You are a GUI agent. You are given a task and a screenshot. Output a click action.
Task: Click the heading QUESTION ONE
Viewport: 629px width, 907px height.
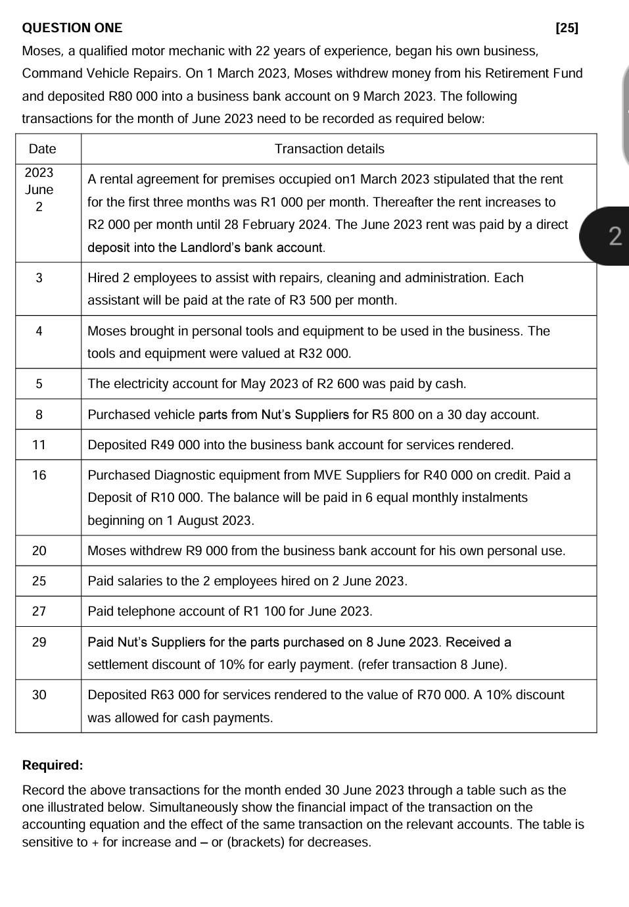coord(72,28)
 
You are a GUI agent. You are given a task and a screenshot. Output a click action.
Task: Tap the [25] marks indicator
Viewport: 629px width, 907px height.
coord(567,28)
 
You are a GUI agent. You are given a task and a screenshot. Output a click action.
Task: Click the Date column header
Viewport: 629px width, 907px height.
coord(43,149)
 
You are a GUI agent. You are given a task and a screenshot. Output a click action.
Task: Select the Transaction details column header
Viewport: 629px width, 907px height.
coord(329,149)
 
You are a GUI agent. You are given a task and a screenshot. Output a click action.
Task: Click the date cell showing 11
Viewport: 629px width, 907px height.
coord(39,445)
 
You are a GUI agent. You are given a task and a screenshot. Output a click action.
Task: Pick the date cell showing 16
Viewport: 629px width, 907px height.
coord(39,475)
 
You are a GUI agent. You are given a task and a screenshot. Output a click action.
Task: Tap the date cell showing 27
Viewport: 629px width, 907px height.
coord(39,611)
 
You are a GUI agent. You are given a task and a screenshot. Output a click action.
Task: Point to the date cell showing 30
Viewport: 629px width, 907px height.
coord(39,695)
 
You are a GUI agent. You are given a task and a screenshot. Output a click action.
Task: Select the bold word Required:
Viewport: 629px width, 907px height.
coord(53,765)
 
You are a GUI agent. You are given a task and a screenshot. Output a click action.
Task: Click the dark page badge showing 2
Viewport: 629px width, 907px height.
coord(614,235)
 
